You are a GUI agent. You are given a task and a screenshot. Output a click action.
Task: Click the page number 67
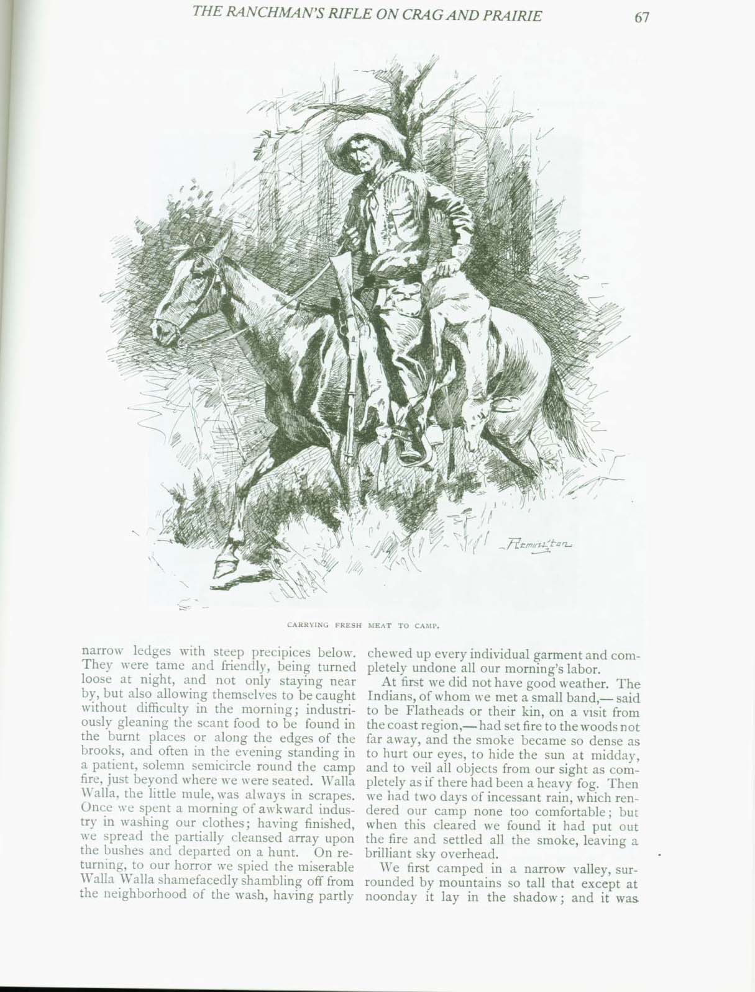642,17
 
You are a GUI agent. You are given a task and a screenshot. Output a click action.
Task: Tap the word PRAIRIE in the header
513,16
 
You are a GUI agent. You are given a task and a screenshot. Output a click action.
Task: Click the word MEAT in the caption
384,625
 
